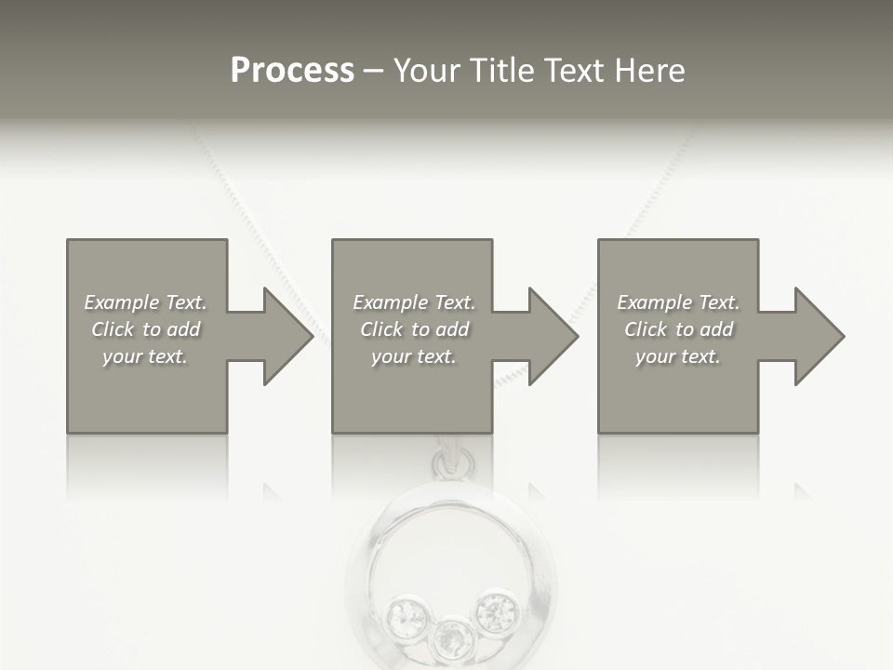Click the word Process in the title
[x=292, y=71]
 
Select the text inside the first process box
[x=145, y=329]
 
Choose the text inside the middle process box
[x=414, y=329]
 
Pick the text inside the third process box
[x=678, y=329]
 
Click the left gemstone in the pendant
[x=407, y=614]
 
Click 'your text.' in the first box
[x=145, y=356]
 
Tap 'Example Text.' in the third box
[x=678, y=302]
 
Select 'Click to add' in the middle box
[x=414, y=329]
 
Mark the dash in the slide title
[x=373, y=72]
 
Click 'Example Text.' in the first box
[x=145, y=302]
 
